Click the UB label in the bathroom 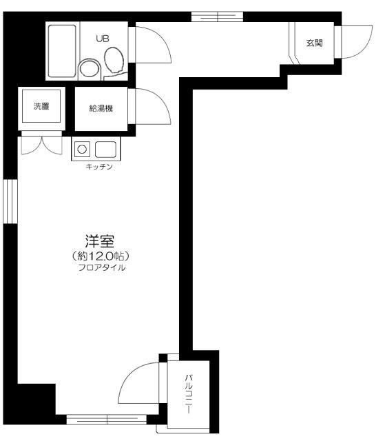(x=102, y=39)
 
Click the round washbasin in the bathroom (x=87, y=68)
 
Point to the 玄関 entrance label (x=315, y=43)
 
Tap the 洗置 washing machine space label (x=41, y=106)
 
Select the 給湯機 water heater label (x=101, y=108)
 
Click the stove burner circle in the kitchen (x=82, y=148)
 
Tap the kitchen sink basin (x=105, y=149)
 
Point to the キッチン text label (x=99, y=167)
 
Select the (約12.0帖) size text (x=101, y=256)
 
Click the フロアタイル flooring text (x=101, y=267)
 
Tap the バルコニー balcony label (x=188, y=393)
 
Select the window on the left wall (x=9, y=201)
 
